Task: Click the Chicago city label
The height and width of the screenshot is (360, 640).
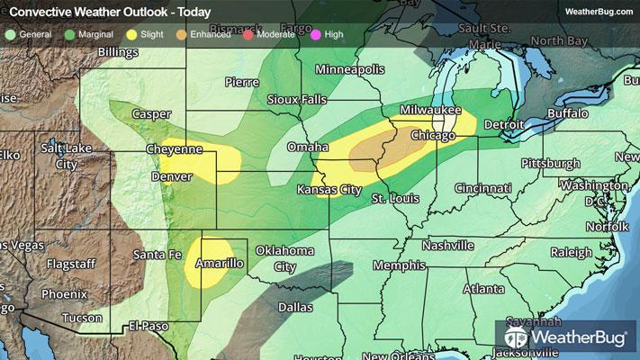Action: tap(434, 135)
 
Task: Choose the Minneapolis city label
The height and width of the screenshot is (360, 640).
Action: tap(349, 69)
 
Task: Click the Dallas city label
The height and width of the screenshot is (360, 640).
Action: tap(296, 306)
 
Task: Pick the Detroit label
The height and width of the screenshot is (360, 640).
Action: tap(504, 123)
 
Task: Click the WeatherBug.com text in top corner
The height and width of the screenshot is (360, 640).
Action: tap(598, 11)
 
